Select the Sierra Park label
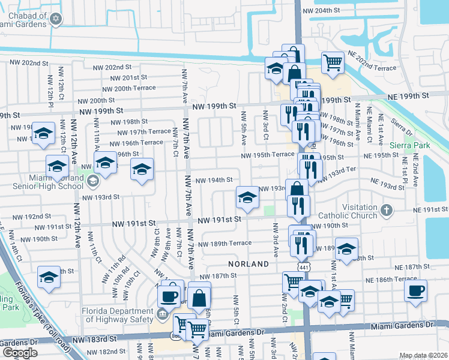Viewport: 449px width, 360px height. pyautogui.click(x=405, y=145)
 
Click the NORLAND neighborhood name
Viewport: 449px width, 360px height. pyautogui.click(x=248, y=264)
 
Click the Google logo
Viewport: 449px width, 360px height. pyautogui.click(x=20, y=353)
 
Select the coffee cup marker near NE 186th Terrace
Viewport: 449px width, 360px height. pyautogui.click(x=415, y=292)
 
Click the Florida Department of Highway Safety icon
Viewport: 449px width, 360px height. pyautogui.click(x=161, y=313)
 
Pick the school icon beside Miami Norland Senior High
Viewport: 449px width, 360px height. pyautogui.click(x=92, y=180)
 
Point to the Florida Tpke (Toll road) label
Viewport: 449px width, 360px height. pyautogui.click(x=27, y=294)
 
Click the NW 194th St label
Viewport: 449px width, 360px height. pyautogui.click(x=214, y=179)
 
